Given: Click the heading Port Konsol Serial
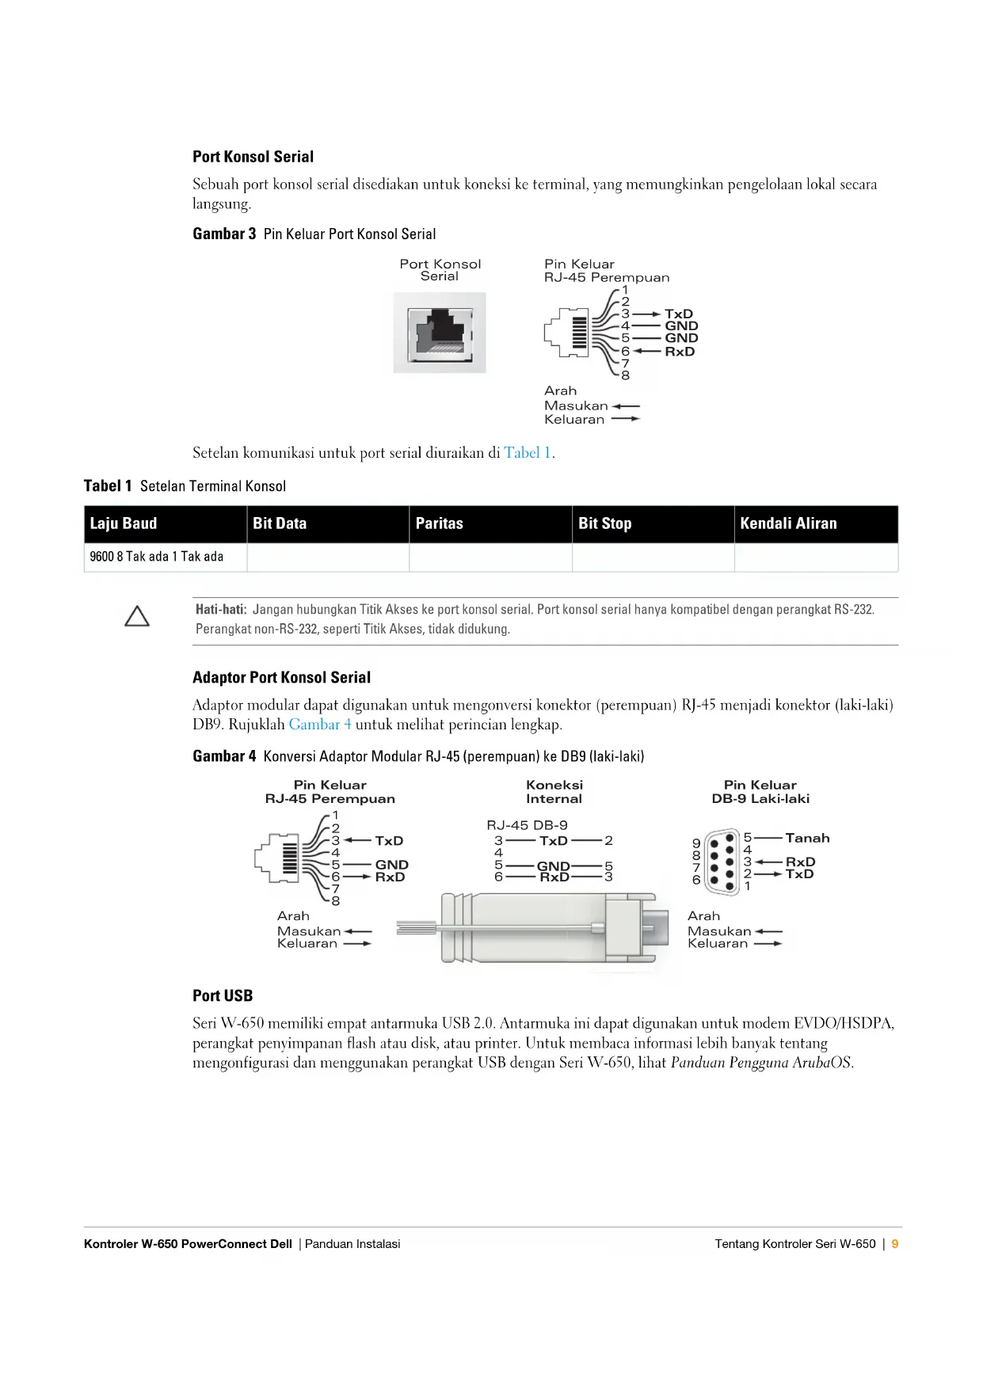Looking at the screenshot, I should click(253, 157).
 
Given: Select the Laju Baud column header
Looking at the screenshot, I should click(124, 523).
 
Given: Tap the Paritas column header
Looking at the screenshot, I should click(439, 523).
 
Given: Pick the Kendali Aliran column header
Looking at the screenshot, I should click(788, 523).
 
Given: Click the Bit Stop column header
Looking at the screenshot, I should click(604, 523).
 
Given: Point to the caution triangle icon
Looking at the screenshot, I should click(137, 617).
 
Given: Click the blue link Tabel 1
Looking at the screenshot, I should click(528, 453).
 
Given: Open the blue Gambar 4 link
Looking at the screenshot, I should click(319, 725).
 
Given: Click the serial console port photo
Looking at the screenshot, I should click(440, 333).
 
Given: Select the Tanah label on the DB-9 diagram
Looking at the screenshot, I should click(807, 838).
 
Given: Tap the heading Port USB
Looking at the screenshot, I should click(223, 996).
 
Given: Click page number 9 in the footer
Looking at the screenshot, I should click(895, 1244).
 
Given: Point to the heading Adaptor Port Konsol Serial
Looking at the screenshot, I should click(281, 678).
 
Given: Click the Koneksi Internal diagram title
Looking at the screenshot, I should click(554, 792).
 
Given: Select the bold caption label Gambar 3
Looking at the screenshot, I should click(224, 234).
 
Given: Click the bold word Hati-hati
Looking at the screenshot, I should click(221, 610).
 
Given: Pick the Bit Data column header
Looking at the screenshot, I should click(280, 523).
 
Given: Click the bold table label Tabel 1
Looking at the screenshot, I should click(108, 486).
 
